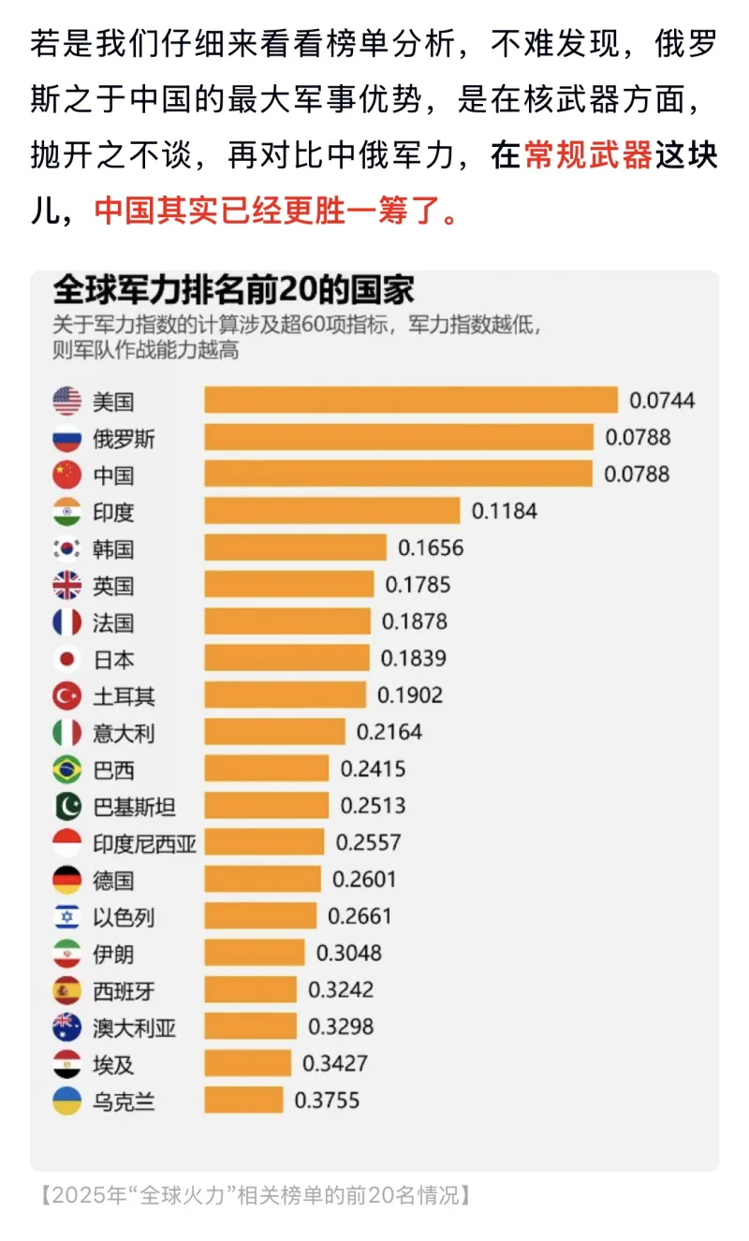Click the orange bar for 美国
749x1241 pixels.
click(x=411, y=401)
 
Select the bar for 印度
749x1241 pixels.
click(x=331, y=511)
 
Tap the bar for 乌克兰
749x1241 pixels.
click(x=243, y=1101)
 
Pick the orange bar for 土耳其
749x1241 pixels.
click(x=285, y=695)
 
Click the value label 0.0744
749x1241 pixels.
click(x=662, y=401)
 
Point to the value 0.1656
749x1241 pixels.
click(x=431, y=547)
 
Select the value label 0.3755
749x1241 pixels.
click(x=327, y=1101)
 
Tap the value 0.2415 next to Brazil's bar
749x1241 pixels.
click(x=373, y=769)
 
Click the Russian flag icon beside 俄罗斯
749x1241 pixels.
click(x=67, y=438)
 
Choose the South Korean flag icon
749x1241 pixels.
click(x=67, y=548)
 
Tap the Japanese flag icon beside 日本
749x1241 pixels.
click(x=67, y=659)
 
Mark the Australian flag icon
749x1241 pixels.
click(x=67, y=1028)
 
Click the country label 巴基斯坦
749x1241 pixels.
click(x=134, y=806)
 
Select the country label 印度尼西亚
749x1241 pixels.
click(x=144, y=843)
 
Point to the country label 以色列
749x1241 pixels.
click(x=124, y=917)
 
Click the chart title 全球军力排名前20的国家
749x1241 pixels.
click(x=233, y=290)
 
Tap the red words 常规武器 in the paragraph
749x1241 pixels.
click(x=588, y=155)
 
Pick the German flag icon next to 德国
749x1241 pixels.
click(x=67, y=880)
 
